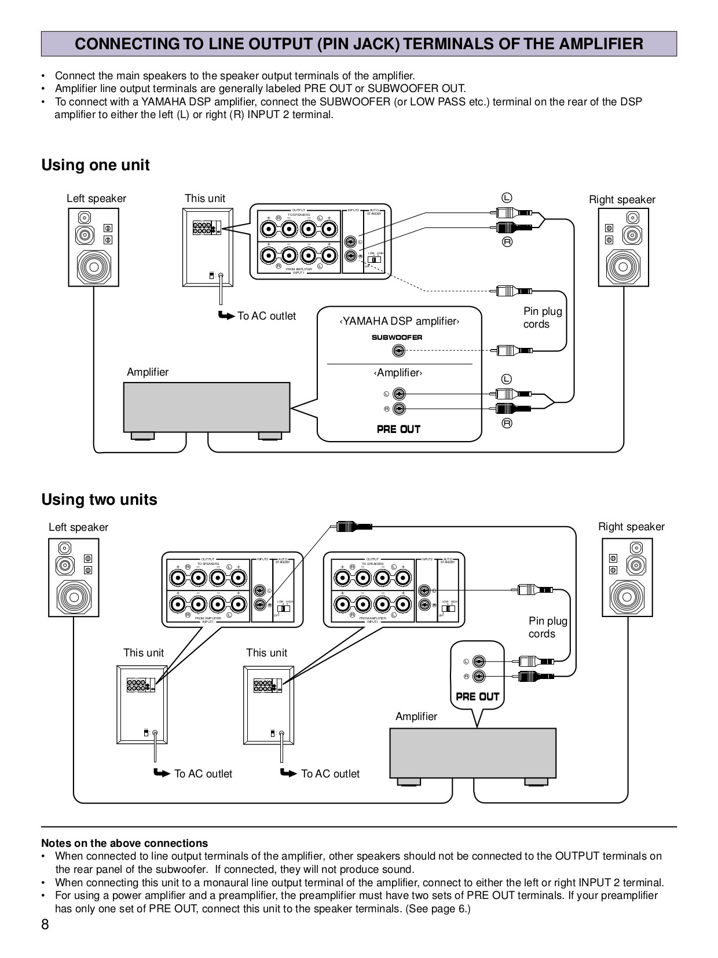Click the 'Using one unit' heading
(96, 166)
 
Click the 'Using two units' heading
(99, 500)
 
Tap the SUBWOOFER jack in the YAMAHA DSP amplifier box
(398, 351)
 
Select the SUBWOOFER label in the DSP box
(397, 337)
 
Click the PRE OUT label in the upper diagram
(398, 429)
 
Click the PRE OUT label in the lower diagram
(477, 696)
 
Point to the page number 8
(45, 924)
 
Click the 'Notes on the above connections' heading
(124, 843)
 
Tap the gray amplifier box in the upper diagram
(206, 406)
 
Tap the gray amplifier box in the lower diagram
(472, 753)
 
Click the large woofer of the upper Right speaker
(623, 267)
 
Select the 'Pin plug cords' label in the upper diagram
(542, 318)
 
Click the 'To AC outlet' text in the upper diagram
(266, 316)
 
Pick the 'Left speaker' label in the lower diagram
(78, 527)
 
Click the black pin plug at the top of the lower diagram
(352, 527)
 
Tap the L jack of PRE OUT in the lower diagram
(478, 662)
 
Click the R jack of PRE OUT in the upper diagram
(398, 409)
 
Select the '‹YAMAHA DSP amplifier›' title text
(399, 322)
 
